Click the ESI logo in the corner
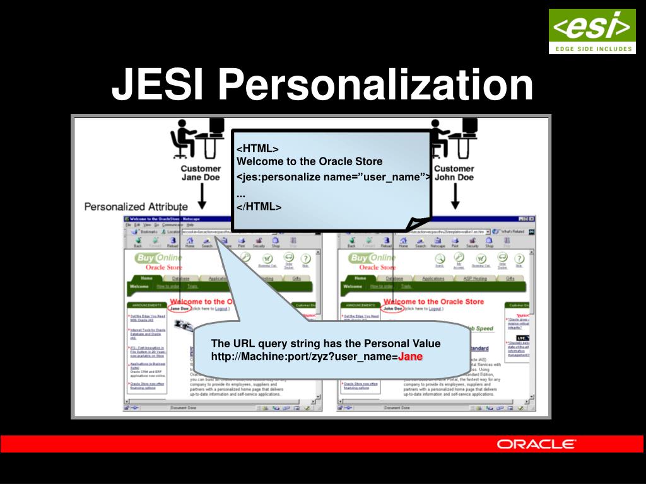click(x=592, y=31)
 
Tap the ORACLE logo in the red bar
click(x=536, y=444)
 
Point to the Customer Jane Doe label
click(x=201, y=173)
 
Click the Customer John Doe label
click(x=454, y=173)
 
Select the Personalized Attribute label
click(x=136, y=206)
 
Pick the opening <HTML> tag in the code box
click(x=257, y=149)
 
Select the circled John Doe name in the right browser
click(x=392, y=309)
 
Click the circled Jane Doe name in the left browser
click(x=179, y=309)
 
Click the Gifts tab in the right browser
click(x=510, y=278)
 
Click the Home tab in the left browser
click(x=146, y=278)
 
